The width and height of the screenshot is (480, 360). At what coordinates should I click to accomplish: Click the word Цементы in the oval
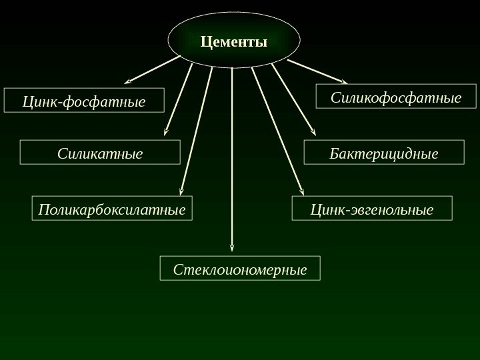[x=233, y=42]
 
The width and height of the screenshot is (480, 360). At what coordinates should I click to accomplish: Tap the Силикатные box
[x=100, y=152]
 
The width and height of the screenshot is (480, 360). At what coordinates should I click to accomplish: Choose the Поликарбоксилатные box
[x=111, y=208]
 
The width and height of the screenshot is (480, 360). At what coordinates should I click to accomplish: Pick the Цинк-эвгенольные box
[x=372, y=208]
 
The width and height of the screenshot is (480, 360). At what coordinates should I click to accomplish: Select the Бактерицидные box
[x=384, y=152]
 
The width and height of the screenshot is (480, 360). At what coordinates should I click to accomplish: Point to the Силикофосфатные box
[x=396, y=97]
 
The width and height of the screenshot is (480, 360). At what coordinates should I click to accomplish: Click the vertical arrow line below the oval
[x=232, y=153]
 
